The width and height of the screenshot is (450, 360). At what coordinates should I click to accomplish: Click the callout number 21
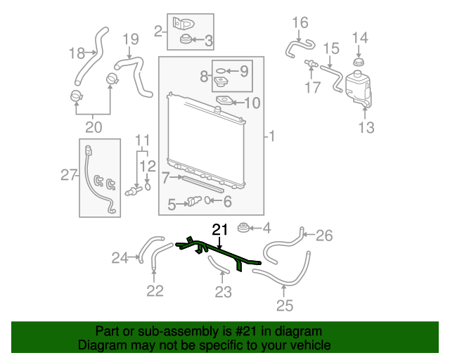point(221,229)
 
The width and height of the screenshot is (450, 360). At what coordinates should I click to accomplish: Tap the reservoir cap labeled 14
point(359,65)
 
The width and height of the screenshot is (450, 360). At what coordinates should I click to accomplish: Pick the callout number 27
point(68,174)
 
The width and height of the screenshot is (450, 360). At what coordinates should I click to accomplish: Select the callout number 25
point(284,305)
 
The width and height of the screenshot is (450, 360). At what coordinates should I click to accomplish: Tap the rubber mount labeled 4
point(245,228)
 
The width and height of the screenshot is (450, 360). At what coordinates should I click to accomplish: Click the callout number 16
point(300,23)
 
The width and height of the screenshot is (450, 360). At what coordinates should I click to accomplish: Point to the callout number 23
point(222,292)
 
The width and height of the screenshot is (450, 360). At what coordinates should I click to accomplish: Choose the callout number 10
point(252,103)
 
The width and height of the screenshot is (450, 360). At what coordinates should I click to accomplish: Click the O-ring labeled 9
point(219,70)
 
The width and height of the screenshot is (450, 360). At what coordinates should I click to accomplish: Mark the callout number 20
point(94,127)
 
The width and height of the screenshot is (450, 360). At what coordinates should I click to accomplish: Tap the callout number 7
point(165,179)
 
